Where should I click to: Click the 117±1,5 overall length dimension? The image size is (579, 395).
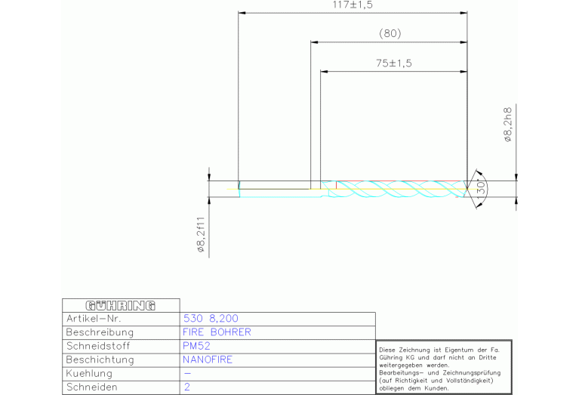(x=353, y=5)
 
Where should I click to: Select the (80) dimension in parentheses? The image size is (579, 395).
(x=390, y=34)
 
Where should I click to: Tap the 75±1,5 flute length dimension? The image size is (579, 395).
(x=393, y=63)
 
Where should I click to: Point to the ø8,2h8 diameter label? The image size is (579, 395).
(x=508, y=125)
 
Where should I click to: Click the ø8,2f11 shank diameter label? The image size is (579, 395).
(x=201, y=235)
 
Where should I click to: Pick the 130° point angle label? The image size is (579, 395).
(x=480, y=189)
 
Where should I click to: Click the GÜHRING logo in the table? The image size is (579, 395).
(x=120, y=306)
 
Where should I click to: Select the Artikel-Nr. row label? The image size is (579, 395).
(x=94, y=319)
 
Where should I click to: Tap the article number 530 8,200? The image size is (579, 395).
(x=211, y=319)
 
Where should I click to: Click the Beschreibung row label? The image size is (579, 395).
(x=100, y=332)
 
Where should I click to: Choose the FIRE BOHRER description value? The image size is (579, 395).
(x=217, y=332)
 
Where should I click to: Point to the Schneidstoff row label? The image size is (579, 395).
(x=98, y=346)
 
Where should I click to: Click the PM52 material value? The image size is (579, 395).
(x=196, y=346)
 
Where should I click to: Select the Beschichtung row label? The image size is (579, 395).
(x=100, y=360)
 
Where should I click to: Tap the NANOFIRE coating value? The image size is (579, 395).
(x=208, y=360)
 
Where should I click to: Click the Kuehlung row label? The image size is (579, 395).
(x=89, y=374)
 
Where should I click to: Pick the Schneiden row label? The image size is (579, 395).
(x=91, y=387)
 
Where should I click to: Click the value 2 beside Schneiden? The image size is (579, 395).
(x=187, y=387)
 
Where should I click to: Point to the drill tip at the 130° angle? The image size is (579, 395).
(x=467, y=189)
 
